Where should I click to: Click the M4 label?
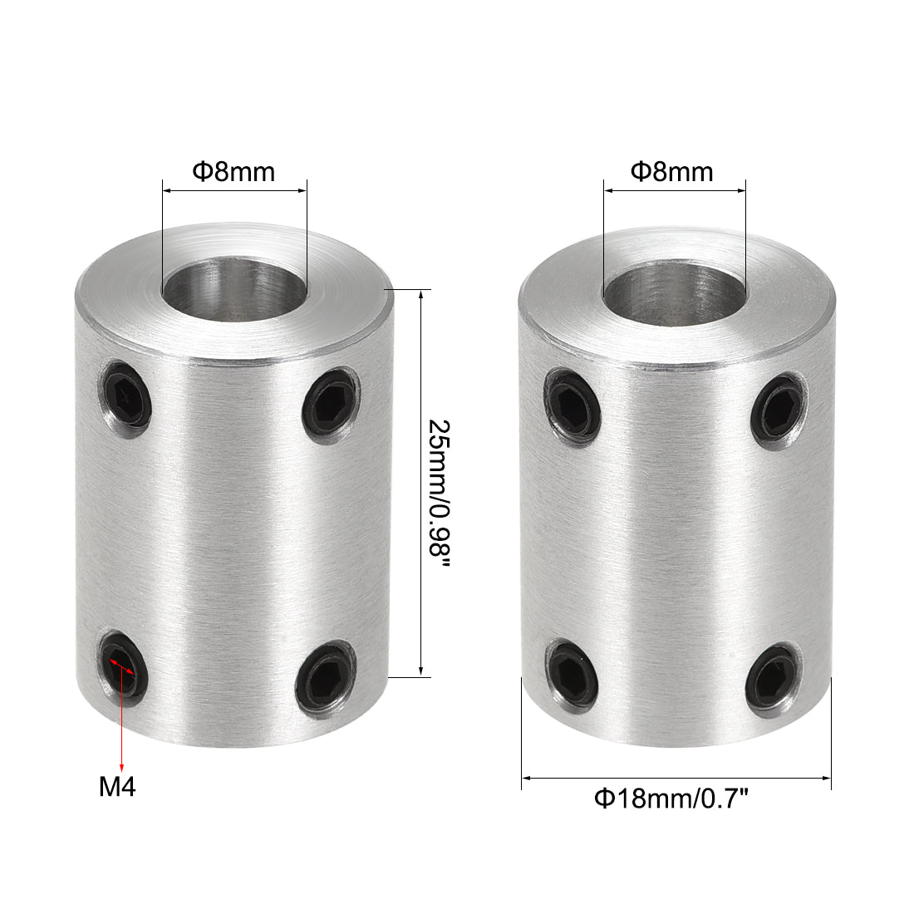tap(117, 785)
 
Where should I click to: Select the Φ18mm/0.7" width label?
tap(672, 799)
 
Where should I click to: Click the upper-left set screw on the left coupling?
tap(128, 402)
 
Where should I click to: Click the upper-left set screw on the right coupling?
tap(572, 404)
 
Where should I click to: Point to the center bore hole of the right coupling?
tap(673, 302)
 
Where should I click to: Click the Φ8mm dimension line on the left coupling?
tap(234, 190)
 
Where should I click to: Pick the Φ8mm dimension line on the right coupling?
tap(674, 190)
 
